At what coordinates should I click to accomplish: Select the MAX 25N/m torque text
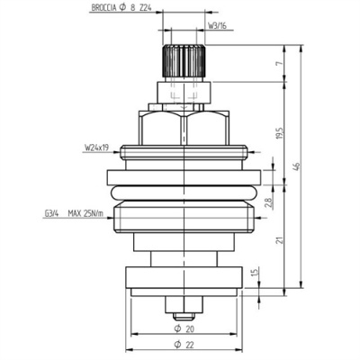tap(94, 213)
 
